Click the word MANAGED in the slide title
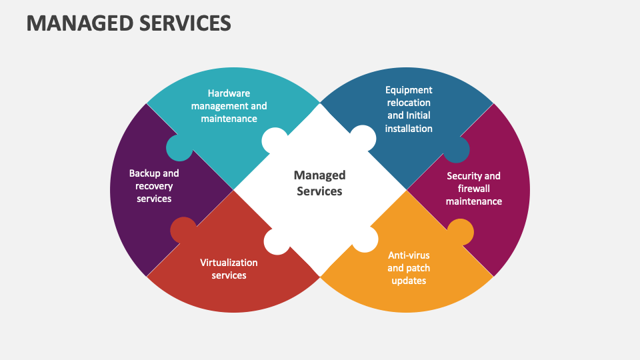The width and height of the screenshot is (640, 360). (x=73, y=23)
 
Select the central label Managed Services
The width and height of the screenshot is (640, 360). (x=320, y=183)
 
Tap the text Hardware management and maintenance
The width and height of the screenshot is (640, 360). (x=229, y=106)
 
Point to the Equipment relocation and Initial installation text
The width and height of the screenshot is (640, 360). (x=409, y=109)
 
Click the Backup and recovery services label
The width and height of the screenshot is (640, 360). (x=154, y=185)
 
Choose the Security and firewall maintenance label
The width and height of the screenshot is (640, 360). (x=473, y=188)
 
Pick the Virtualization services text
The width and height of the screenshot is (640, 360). (x=229, y=269)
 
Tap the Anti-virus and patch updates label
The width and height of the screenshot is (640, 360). (x=409, y=267)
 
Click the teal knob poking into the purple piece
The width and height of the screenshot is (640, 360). (x=178, y=148)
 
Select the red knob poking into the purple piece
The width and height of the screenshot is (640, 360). (x=183, y=230)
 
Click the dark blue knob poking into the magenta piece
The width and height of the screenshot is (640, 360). (x=457, y=150)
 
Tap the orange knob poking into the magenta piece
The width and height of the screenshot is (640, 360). (x=460, y=231)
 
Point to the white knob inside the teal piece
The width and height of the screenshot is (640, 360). (x=275, y=139)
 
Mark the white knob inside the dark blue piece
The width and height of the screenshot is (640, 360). (x=363, y=138)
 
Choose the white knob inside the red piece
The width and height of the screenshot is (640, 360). (x=277, y=241)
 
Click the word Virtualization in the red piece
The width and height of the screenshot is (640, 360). (x=229, y=263)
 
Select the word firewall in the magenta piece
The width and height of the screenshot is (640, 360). (x=473, y=189)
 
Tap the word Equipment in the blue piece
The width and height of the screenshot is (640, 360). (x=409, y=90)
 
